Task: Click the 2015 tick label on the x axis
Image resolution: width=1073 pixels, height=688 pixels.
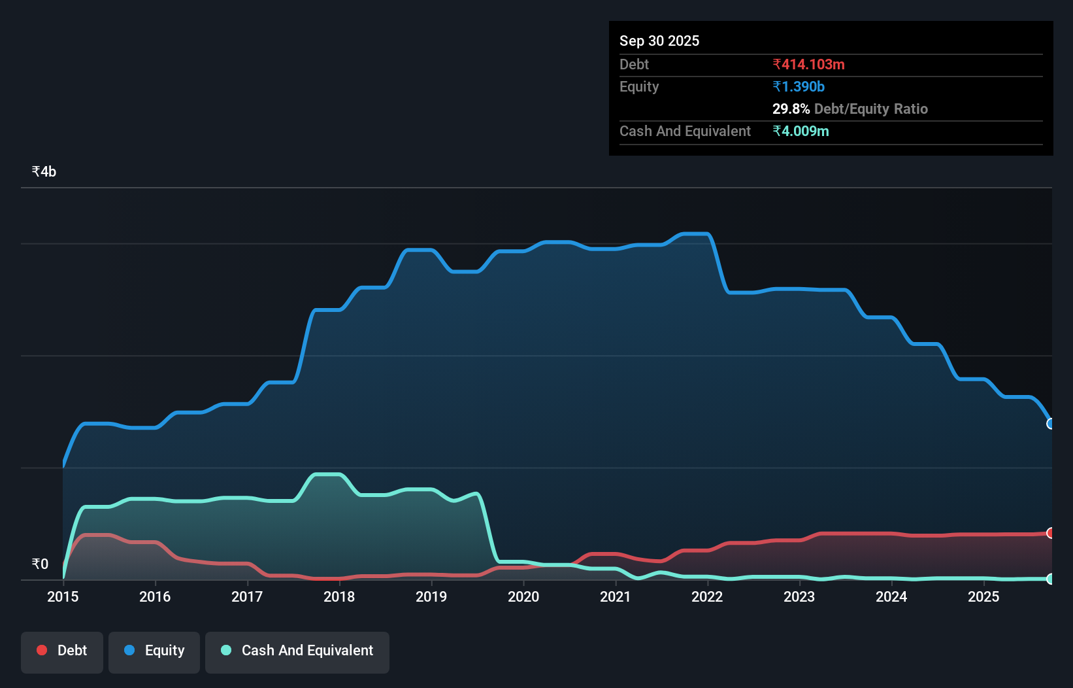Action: (63, 596)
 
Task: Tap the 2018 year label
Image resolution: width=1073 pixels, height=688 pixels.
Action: (339, 596)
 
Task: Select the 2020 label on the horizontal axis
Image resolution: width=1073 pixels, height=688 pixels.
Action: (523, 596)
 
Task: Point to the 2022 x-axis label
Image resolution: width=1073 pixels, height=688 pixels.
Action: (707, 596)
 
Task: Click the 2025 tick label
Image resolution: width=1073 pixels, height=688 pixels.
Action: (983, 596)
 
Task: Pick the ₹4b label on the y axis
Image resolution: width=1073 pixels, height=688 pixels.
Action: (44, 172)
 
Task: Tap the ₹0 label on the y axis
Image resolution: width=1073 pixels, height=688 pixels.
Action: (40, 564)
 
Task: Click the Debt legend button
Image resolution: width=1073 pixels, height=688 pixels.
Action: (62, 651)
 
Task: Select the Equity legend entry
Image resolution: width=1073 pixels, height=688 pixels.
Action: (154, 651)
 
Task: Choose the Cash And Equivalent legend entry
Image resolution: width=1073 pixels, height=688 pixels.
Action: (297, 651)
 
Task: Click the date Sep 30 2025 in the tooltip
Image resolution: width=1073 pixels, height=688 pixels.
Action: (659, 41)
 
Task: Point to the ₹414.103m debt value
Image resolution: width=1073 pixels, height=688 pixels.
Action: (808, 65)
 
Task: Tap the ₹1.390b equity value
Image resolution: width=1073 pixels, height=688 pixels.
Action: (798, 87)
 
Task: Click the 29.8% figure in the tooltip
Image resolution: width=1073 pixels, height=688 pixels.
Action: (791, 109)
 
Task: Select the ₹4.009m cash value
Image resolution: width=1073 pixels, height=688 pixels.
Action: (801, 131)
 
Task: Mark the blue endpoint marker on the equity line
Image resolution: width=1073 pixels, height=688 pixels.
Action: (1051, 424)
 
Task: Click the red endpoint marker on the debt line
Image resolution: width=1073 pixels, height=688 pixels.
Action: (1051, 533)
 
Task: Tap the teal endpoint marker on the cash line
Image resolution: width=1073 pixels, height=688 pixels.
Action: (1051, 579)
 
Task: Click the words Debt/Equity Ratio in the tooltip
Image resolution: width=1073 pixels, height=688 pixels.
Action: (870, 109)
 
